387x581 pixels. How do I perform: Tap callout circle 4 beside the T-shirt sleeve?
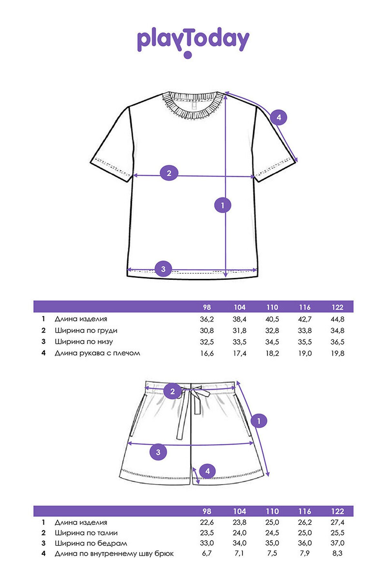279,117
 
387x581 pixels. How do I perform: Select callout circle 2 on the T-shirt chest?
169,173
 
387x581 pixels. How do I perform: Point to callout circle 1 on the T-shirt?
223,205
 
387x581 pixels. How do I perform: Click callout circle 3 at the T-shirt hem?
163,269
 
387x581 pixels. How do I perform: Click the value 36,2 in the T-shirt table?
207,319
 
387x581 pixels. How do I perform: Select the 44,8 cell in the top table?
337,319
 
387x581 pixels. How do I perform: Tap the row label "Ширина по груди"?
86,331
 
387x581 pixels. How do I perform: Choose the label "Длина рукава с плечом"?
97,353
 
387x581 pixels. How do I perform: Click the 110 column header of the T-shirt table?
272,307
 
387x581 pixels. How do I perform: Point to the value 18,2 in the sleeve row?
272,353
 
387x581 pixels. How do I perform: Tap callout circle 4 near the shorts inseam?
208,471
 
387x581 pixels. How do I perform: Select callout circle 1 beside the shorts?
259,421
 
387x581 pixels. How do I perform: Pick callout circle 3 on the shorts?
158,452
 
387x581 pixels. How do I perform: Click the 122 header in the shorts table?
337,511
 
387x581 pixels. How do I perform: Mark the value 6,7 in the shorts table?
207,553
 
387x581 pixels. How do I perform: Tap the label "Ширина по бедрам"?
91,543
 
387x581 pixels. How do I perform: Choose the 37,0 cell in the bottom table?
337,543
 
